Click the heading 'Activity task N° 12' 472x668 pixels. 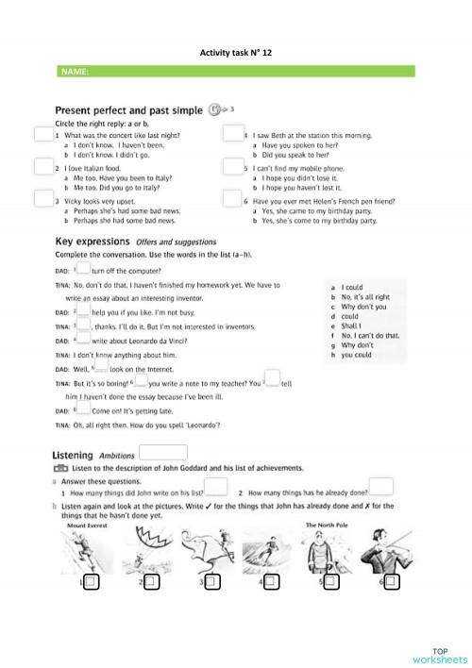[x=236, y=55]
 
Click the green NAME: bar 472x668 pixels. [x=236, y=72]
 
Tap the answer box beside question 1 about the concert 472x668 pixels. [x=42, y=135]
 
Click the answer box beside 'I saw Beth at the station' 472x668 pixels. [x=232, y=135]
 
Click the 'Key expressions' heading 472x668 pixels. [x=94, y=242]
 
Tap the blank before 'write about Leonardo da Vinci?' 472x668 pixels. [x=83, y=339]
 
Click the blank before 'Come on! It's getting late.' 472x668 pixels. [x=83, y=410]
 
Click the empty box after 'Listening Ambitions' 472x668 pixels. [x=162, y=453]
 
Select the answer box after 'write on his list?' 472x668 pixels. [x=216, y=486]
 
